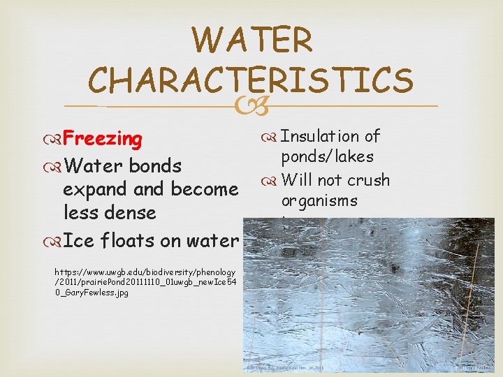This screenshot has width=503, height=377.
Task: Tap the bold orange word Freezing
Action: pyautogui.click(x=103, y=139)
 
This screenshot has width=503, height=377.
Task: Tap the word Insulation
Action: pyautogui.click(x=321, y=137)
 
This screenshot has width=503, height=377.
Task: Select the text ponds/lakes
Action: pyautogui.click(x=327, y=157)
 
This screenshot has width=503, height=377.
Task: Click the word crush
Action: pyautogui.click(x=368, y=180)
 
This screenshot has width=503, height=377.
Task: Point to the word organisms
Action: pyautogui.click(x=319, y=201)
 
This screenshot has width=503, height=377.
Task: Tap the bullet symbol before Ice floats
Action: pyautogui.click(x=54, y=241)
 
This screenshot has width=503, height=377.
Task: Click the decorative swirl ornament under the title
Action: pyautogui.click(x=251, y=107)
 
